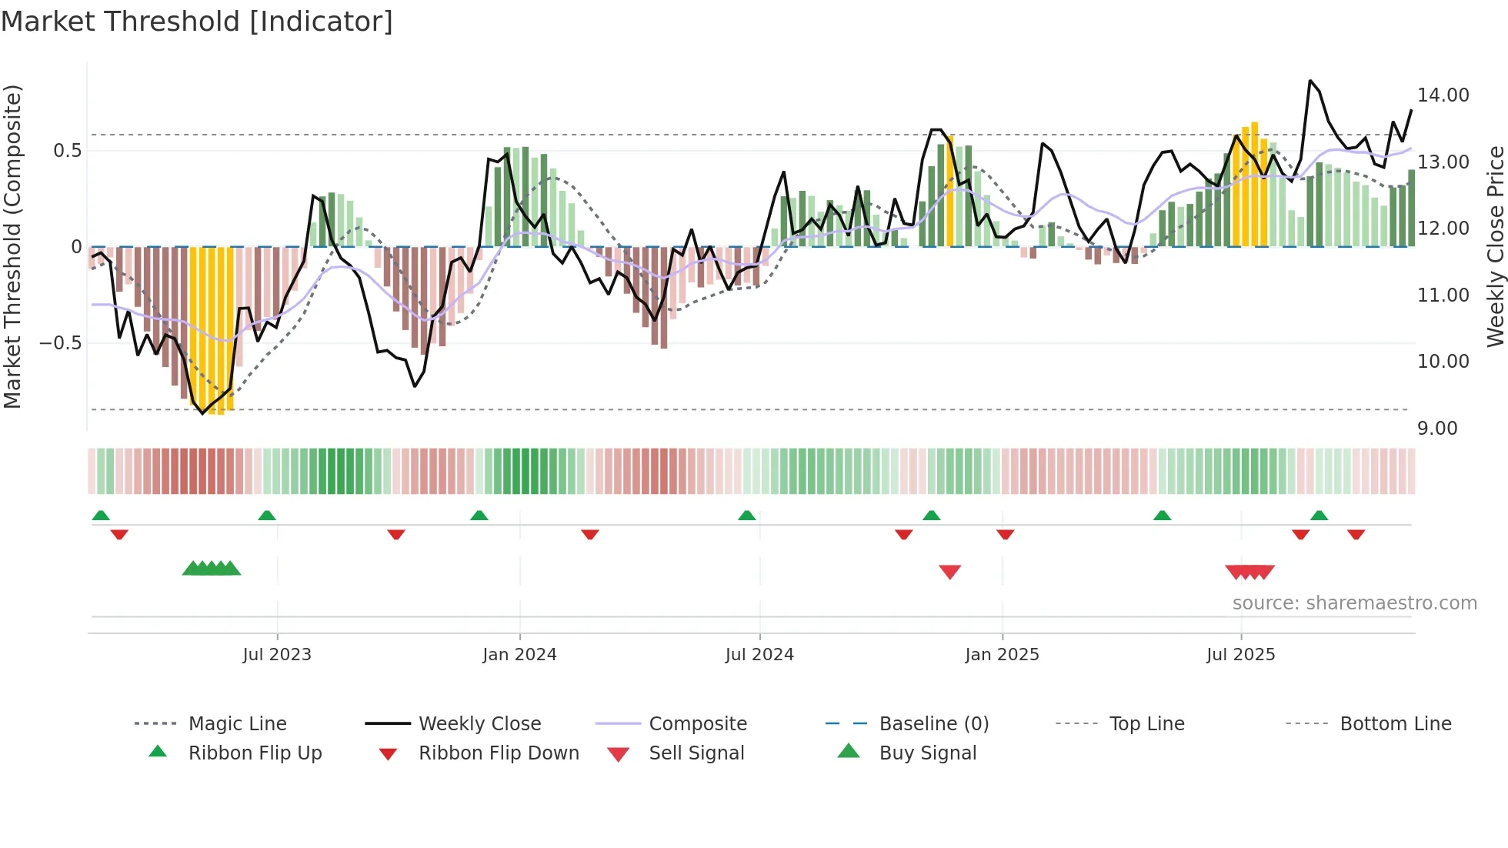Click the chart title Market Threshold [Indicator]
[x=197, y=22]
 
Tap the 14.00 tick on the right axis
[x=1443, y=95]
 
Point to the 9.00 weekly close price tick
[x=1436, y=429]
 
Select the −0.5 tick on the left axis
[x=61, y=343]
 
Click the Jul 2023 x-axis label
[x=277, y=655]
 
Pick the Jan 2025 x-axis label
[x=1002, y=655]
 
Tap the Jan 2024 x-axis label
[x=519, y=655]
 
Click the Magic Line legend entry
[x=237, y=724]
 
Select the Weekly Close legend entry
[x=479, y=724]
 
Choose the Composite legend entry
[x=697, y=724]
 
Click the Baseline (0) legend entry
[x=933, y=724]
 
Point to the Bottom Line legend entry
[x=1395, y=724]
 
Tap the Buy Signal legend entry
[x=927, y=753]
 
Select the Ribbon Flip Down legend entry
[x=498, y=753]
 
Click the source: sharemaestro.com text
[x=1354, y=603]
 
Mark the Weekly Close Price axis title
[x=1495, y=246]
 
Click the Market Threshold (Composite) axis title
[x=12, y=246]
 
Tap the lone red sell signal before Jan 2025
[x=950, y=572]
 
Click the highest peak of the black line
[x=1310, y=80]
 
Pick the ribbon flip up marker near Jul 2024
[x=746, y=515]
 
